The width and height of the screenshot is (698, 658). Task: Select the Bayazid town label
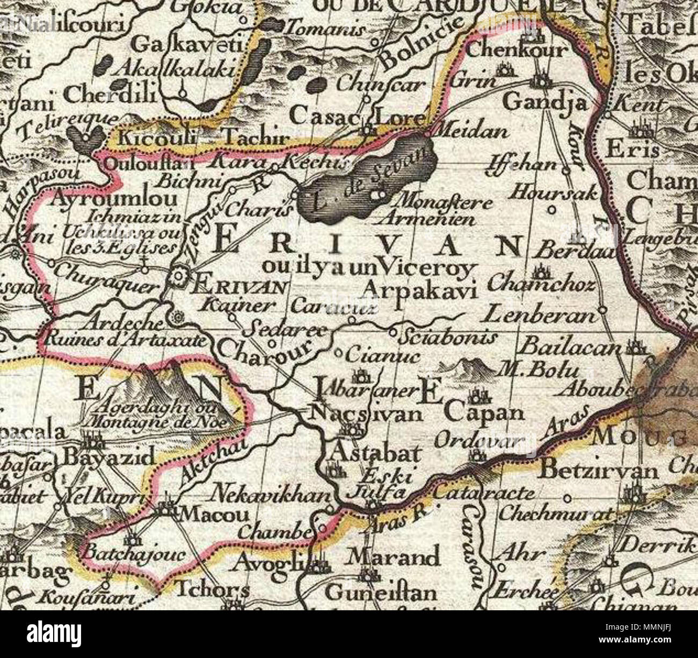(110, 457)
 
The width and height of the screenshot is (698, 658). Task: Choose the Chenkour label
(517, 50)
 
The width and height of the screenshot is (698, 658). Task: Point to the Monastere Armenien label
(437, 211)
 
